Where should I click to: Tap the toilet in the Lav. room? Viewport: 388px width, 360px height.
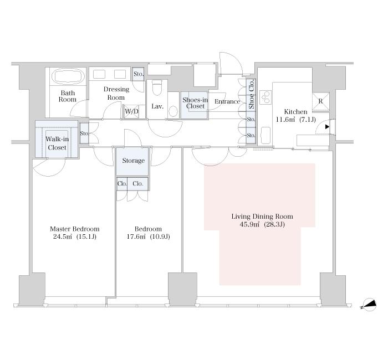click(157, 88)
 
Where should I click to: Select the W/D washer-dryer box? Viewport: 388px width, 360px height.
click(131, 111)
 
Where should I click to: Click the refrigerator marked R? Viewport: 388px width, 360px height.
click(321, 101)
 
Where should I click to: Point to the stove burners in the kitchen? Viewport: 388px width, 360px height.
click(266, 97)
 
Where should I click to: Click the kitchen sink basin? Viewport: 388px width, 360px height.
click(266, 135)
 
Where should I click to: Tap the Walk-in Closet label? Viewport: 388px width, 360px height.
click(57, 143)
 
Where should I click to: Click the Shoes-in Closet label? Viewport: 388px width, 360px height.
click(195, 103)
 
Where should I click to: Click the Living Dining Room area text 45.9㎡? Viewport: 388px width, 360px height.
click(250, 224)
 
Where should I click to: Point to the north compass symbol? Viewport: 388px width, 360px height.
click(369, 304)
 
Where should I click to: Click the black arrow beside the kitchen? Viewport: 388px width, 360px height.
click(327, 127)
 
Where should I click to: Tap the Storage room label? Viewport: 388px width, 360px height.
click(134, 161)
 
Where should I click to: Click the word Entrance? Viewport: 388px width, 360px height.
click(227, 101)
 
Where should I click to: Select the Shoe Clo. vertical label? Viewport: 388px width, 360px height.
click(252, 94)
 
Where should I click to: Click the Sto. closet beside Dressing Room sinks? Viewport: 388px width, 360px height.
click(139, 74)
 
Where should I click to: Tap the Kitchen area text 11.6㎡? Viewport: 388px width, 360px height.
click(285, 120)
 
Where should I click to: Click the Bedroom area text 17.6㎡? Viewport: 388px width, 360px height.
click(136, 237)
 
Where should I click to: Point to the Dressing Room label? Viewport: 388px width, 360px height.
click(116, 93)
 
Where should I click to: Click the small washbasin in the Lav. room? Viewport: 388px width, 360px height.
click(173, 111)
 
